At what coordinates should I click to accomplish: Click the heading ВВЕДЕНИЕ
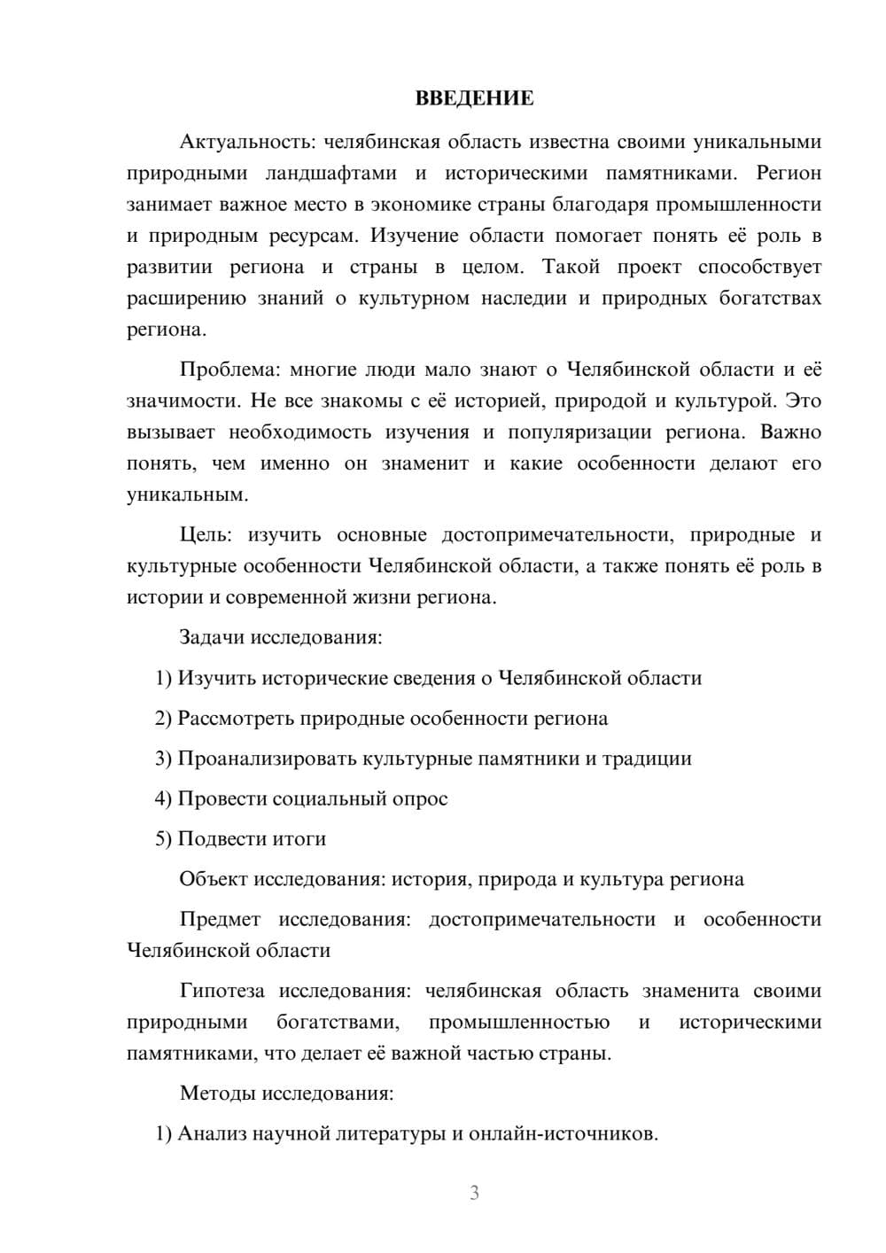coord(474,98)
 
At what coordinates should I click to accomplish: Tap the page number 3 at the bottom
coord(474,1193)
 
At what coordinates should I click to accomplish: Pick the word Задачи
coord(212,637)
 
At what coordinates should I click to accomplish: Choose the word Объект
coord(214,879)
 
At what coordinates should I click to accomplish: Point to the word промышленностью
coord(519,1022)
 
